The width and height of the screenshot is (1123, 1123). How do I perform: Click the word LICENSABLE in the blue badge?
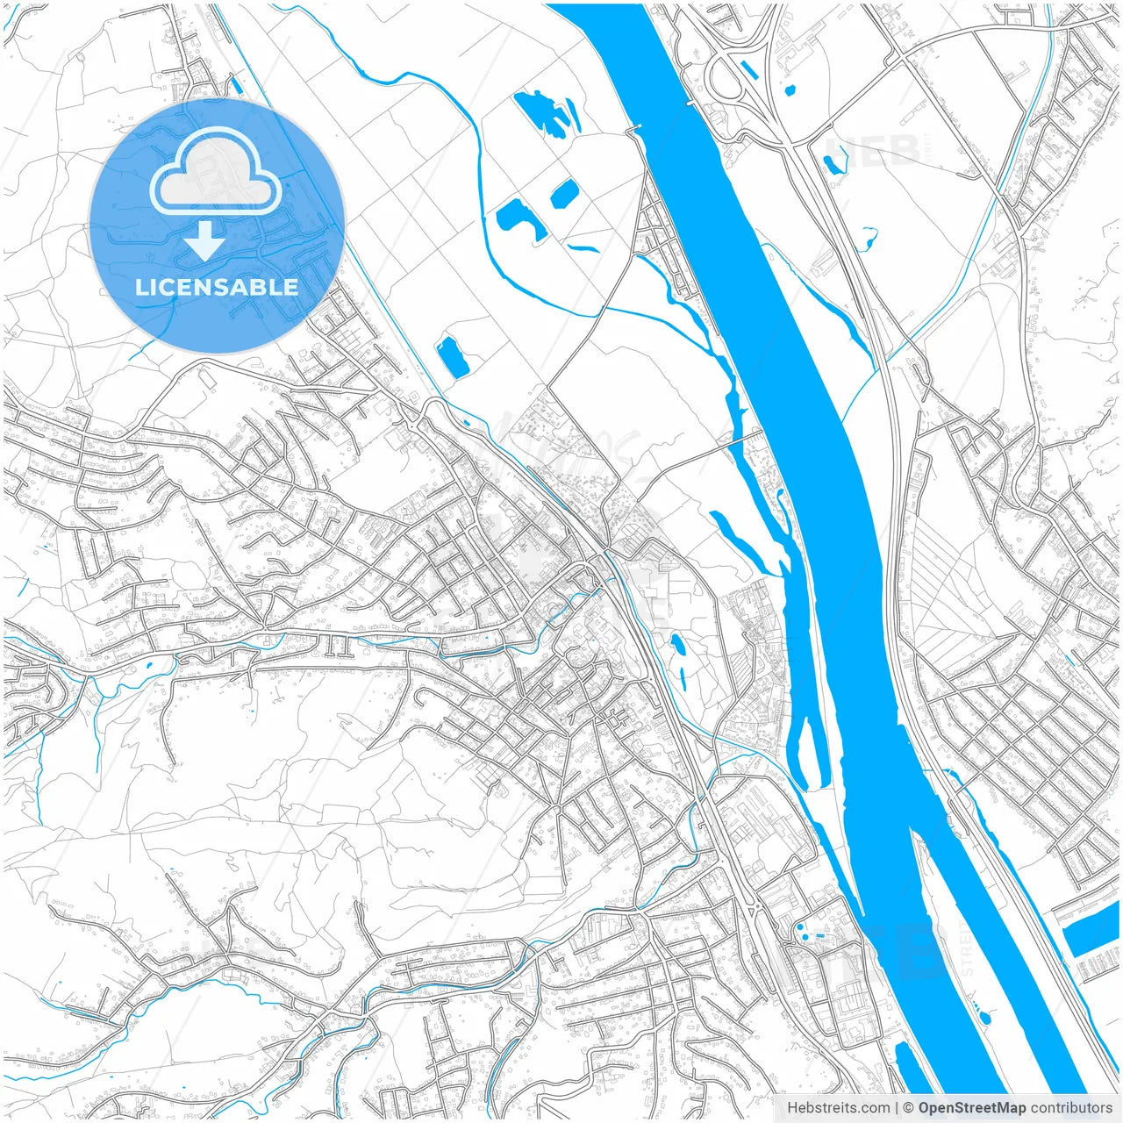click(x=217, y=287)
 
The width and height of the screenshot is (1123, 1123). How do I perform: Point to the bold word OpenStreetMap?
click(x=972, y=1108)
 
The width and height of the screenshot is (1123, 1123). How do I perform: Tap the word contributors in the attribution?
click(x=1071, y=1108)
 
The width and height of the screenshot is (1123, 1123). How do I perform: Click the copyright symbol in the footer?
click(x=910, y=1108)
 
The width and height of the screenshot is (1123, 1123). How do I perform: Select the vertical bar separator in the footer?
click(x=897, y=1108)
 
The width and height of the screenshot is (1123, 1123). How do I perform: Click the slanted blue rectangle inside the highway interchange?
click(x=748, y=68)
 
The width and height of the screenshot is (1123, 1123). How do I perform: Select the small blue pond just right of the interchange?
click(x=790, y=89)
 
